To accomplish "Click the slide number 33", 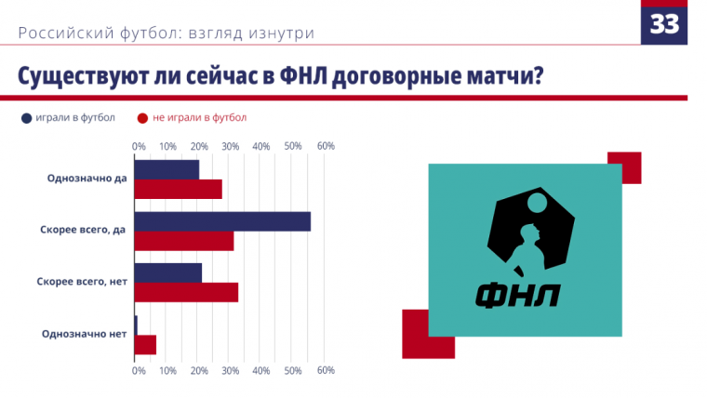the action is pyautogui.click(x=664, y=24).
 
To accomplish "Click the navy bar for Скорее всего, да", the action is pyautogui.click(x=222, y=221).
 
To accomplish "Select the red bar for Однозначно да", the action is pyautogui.click(x=179, y=190).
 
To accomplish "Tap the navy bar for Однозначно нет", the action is pyautogui.click(x=136, y=325).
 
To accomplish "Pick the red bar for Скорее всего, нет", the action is pyautogui.click(x=187, y=293).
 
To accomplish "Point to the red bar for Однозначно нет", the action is pyautogui.click(x=146, y=345).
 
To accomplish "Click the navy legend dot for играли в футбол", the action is pyautogui.click(x=27, y=118).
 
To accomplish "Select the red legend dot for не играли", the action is pyautogui.click(x=142, y=118).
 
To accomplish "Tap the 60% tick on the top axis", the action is pyautogui.click(x=326, y=146).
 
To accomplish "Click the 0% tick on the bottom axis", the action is pyautogui.click(x=139, y=370).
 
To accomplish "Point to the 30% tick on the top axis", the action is pyautogui.click(x=231, y=146).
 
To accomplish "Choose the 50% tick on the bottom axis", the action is pyautogui.click(x=293, y=370).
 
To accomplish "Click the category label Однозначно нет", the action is pyautogui.click(x=85, y=334).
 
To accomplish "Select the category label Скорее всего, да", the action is pyautogui.click(x=83, y=230).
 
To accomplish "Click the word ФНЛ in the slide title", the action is pyautogui.click(x=303, y=75).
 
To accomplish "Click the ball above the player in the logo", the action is pyautogui.click(x=537, y=203).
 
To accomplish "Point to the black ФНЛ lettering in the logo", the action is pyautogui.click(x=518, y=296).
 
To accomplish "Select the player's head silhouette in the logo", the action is pyautogui.click(x=529, y=233).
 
